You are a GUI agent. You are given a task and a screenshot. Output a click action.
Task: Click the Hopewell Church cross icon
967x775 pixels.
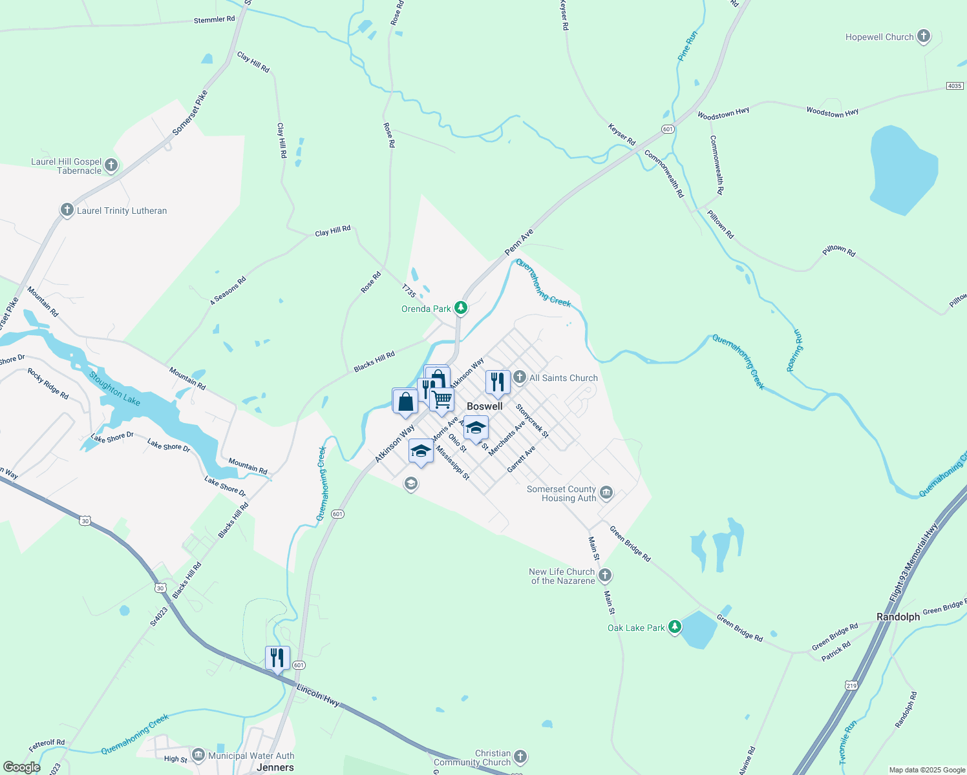click(924, 36)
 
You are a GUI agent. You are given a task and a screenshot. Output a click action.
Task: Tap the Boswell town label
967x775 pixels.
click(484, 406)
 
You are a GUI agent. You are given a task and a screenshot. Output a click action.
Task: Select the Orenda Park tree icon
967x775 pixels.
click(461, 308)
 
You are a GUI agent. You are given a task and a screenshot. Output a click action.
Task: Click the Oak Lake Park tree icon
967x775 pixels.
click(675, 626)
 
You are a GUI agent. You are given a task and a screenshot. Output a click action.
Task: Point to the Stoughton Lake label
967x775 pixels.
click(114, 388)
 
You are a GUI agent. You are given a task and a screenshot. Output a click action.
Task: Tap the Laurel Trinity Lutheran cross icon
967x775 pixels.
click(67, 210)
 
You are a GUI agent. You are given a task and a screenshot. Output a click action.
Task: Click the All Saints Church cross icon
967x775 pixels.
click(520, 377)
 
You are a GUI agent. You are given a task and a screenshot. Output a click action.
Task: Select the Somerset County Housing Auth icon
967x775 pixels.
click(606, 493)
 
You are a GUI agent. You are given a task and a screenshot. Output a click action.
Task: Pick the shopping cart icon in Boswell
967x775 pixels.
click(442, 399)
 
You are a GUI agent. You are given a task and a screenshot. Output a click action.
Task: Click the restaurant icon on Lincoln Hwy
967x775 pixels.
click(277, 657)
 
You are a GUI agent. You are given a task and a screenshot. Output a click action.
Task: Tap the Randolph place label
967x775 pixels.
click(898, 617)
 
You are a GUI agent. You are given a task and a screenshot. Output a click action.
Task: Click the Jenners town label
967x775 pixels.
click(275, 767)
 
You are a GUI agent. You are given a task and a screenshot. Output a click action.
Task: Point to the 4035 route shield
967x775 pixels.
click(955, 86)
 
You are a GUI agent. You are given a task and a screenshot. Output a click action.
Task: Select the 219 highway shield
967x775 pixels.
click(851, 685)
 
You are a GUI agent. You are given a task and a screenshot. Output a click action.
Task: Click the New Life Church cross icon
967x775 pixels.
click(605, 575)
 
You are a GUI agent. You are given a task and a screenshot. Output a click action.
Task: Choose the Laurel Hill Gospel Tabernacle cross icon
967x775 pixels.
click(111, 165)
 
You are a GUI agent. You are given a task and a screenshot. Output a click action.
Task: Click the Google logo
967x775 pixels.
click(21, 767)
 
